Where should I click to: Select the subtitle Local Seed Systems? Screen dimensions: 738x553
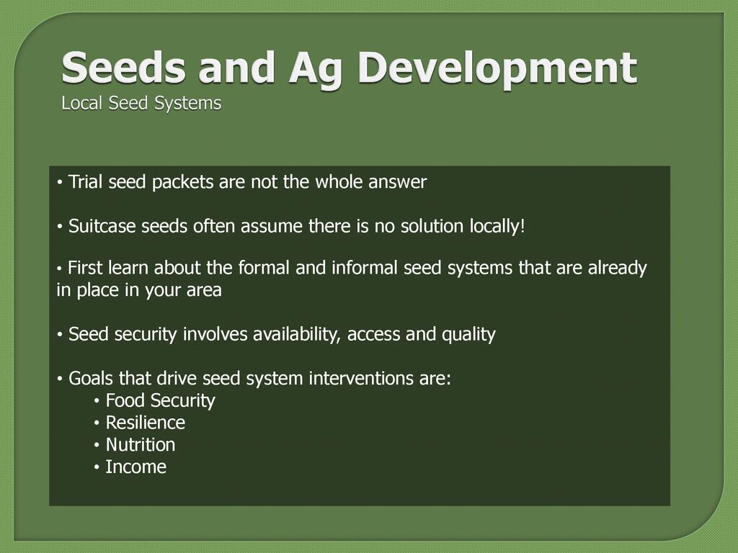point(141,104)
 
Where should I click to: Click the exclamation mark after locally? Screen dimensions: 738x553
point(522,226)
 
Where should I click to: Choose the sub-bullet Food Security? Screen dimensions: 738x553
point(161,401)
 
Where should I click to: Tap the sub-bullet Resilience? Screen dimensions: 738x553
point(146,423)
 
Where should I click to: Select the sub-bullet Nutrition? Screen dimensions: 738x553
point(141,445)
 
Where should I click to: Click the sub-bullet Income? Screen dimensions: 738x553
point(136,467)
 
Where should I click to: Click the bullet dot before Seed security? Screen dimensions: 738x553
point(60,335)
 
